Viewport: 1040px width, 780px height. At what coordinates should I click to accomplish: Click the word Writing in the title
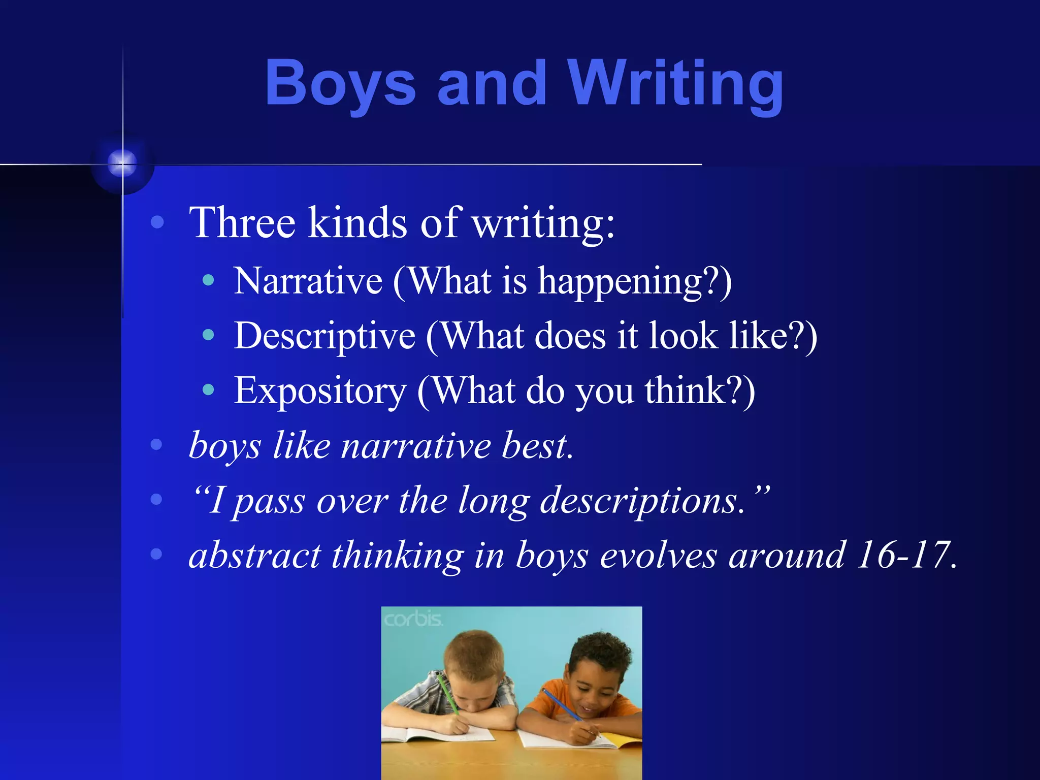[x=675, y=84]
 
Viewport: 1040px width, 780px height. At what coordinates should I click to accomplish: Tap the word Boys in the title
[x=340, y=84]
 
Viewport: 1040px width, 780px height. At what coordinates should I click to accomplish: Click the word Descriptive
[x=325, y=336]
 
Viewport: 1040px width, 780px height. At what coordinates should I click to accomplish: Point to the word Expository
[x=320, y=391]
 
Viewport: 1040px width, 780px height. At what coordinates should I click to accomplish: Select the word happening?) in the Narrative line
[x=635, y=282]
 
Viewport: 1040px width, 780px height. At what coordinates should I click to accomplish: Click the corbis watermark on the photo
[x=413, y=620]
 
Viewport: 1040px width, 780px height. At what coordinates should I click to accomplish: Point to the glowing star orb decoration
[x=122, y=164]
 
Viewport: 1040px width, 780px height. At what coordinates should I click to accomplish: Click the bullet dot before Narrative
[x=208, y=280]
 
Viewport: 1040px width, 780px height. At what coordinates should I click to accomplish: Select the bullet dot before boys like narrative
[x=157, y=445]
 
